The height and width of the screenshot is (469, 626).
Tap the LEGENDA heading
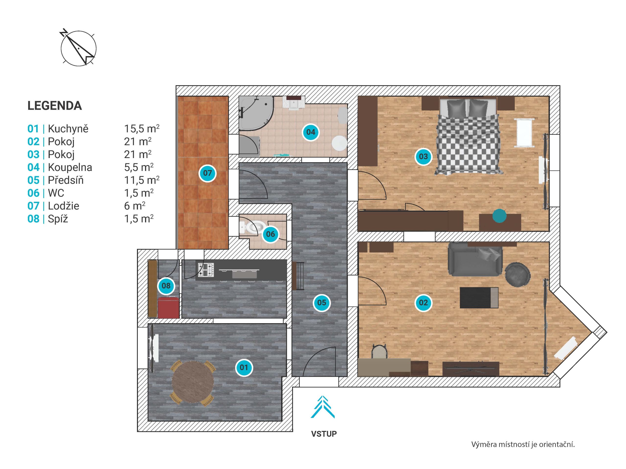55,106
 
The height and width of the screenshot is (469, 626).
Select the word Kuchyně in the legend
68,129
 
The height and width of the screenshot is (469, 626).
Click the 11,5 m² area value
142,180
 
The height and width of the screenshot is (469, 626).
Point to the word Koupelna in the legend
70,167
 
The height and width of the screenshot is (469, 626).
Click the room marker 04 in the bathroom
311,132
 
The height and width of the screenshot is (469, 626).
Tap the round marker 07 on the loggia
207,173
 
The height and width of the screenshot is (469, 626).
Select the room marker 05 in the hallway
322,303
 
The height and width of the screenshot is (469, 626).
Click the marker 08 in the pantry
166,286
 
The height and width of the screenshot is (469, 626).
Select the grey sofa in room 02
475,259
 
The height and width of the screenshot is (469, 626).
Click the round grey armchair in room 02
518,275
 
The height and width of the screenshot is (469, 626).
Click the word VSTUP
324,434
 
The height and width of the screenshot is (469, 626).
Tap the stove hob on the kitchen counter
206,270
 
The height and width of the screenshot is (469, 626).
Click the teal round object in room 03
499,216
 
